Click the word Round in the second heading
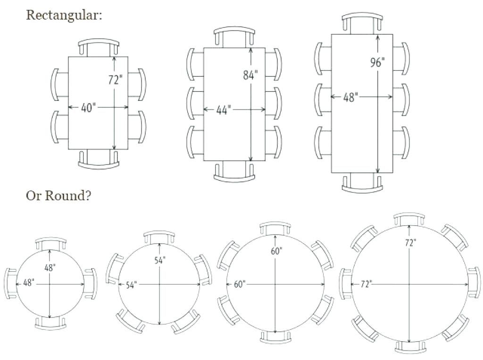point(68,196)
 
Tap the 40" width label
point(88,108)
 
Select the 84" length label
point(250,75)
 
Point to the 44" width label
point(223,110)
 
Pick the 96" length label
point(377,63)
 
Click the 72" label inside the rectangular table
point(115,80)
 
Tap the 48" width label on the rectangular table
point(350,97)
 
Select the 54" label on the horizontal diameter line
point(131,285)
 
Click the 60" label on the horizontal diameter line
point(239,284)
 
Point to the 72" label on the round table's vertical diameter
point(410,243)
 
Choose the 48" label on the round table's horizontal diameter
point(29,283)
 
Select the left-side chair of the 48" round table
point(10,284)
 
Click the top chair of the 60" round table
point(275,228)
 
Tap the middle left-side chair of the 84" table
point(195,104)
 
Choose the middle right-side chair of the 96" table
point(401,99)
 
